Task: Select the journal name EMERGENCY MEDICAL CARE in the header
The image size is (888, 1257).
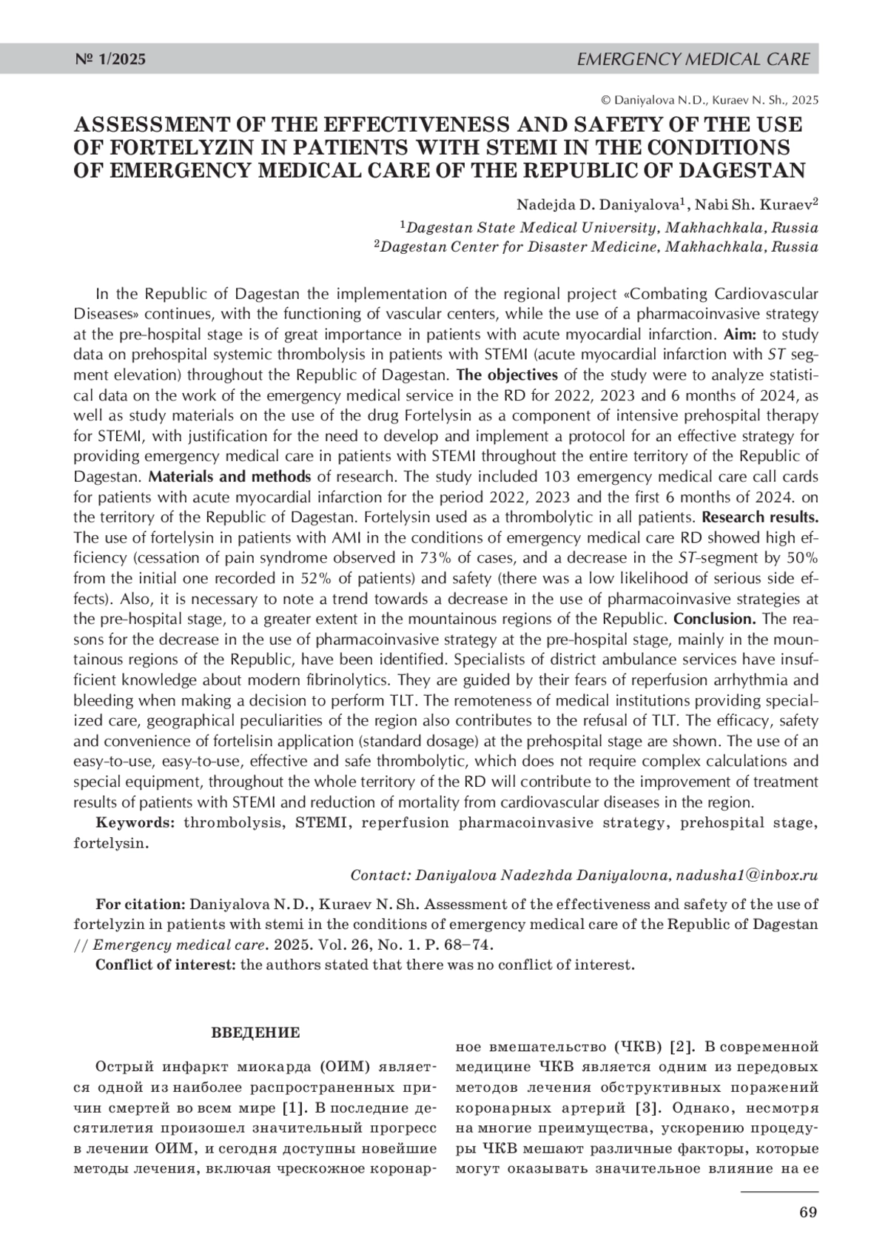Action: tap(693, 59)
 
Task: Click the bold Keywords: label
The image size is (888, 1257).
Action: tap(135, 822)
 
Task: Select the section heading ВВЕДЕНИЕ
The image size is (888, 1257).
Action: tap(256, 1032)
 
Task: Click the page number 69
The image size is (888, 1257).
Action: tap(808, 1212)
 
